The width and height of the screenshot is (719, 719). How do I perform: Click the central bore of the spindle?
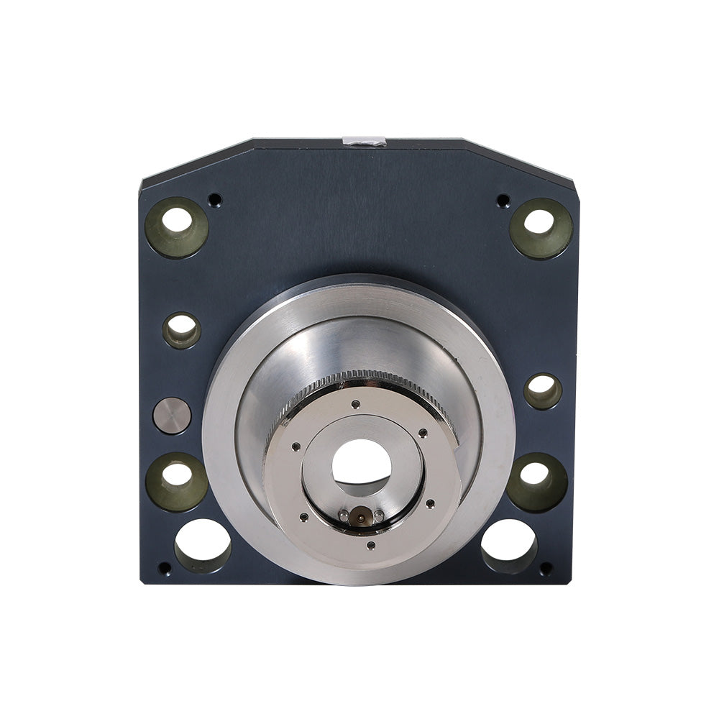click(362, 462)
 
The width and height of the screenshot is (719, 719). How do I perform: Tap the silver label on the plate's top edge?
click(365, 141)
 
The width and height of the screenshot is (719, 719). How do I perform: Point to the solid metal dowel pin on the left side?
click(173, 416)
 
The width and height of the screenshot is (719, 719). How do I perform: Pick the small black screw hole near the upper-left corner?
click(214, 199)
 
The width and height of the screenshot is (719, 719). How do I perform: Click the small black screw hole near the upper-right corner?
click(503, 200)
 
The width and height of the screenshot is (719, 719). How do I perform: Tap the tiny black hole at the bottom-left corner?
click(165, 568)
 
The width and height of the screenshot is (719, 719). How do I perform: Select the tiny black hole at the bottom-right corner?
click(546, 568)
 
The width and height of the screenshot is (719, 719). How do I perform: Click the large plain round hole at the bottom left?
click(203, 545)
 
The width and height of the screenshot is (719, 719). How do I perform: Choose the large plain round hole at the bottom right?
click(509, 545)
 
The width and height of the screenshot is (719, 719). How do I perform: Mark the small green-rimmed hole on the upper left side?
click(182, 330)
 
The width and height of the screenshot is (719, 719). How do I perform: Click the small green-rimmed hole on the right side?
click(543, 391)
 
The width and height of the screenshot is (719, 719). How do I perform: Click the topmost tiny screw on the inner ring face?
click(355, 404)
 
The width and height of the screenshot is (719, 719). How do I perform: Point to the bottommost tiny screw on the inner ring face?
click(370, 546)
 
